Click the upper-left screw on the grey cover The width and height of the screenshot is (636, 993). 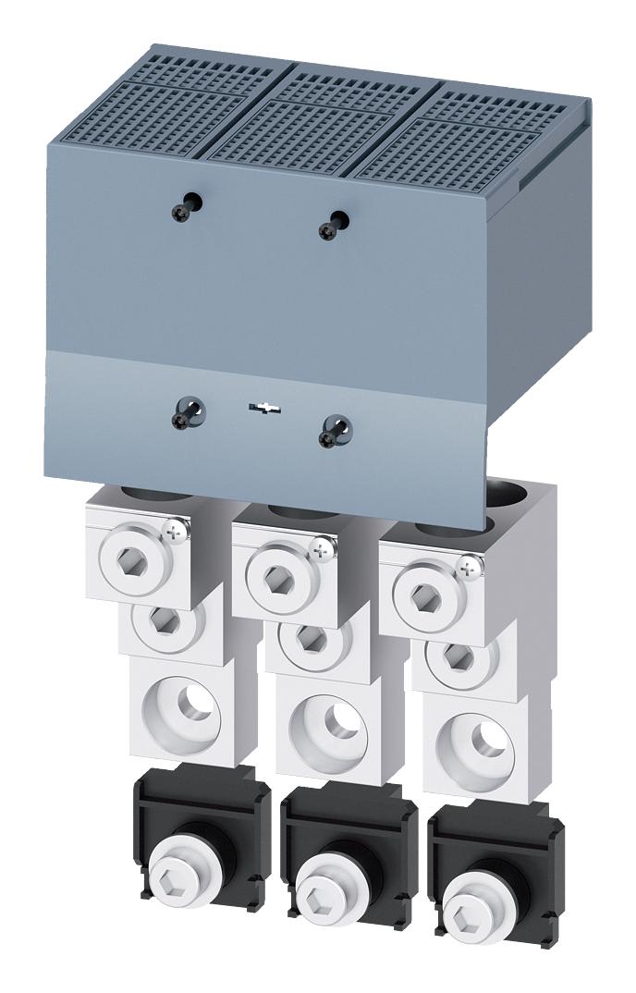click(182, 211)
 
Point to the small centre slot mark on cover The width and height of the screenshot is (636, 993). click(264, 409)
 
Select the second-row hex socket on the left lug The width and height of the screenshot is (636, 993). click(165, 621)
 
